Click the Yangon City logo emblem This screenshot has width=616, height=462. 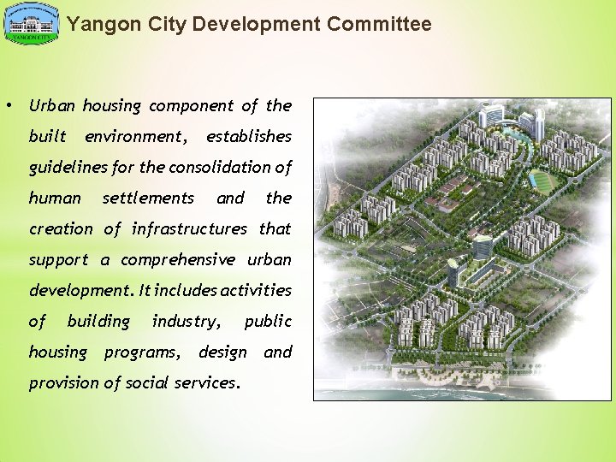[32, 24]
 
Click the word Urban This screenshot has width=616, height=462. [53, 106]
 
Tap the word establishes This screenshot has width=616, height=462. [248, 137]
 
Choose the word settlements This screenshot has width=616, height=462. [148, 198]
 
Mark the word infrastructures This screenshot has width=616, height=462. [188, 229]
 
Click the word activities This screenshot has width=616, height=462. [256, 291]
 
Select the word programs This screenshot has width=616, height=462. [142, 352]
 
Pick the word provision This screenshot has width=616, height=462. [63, 383]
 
